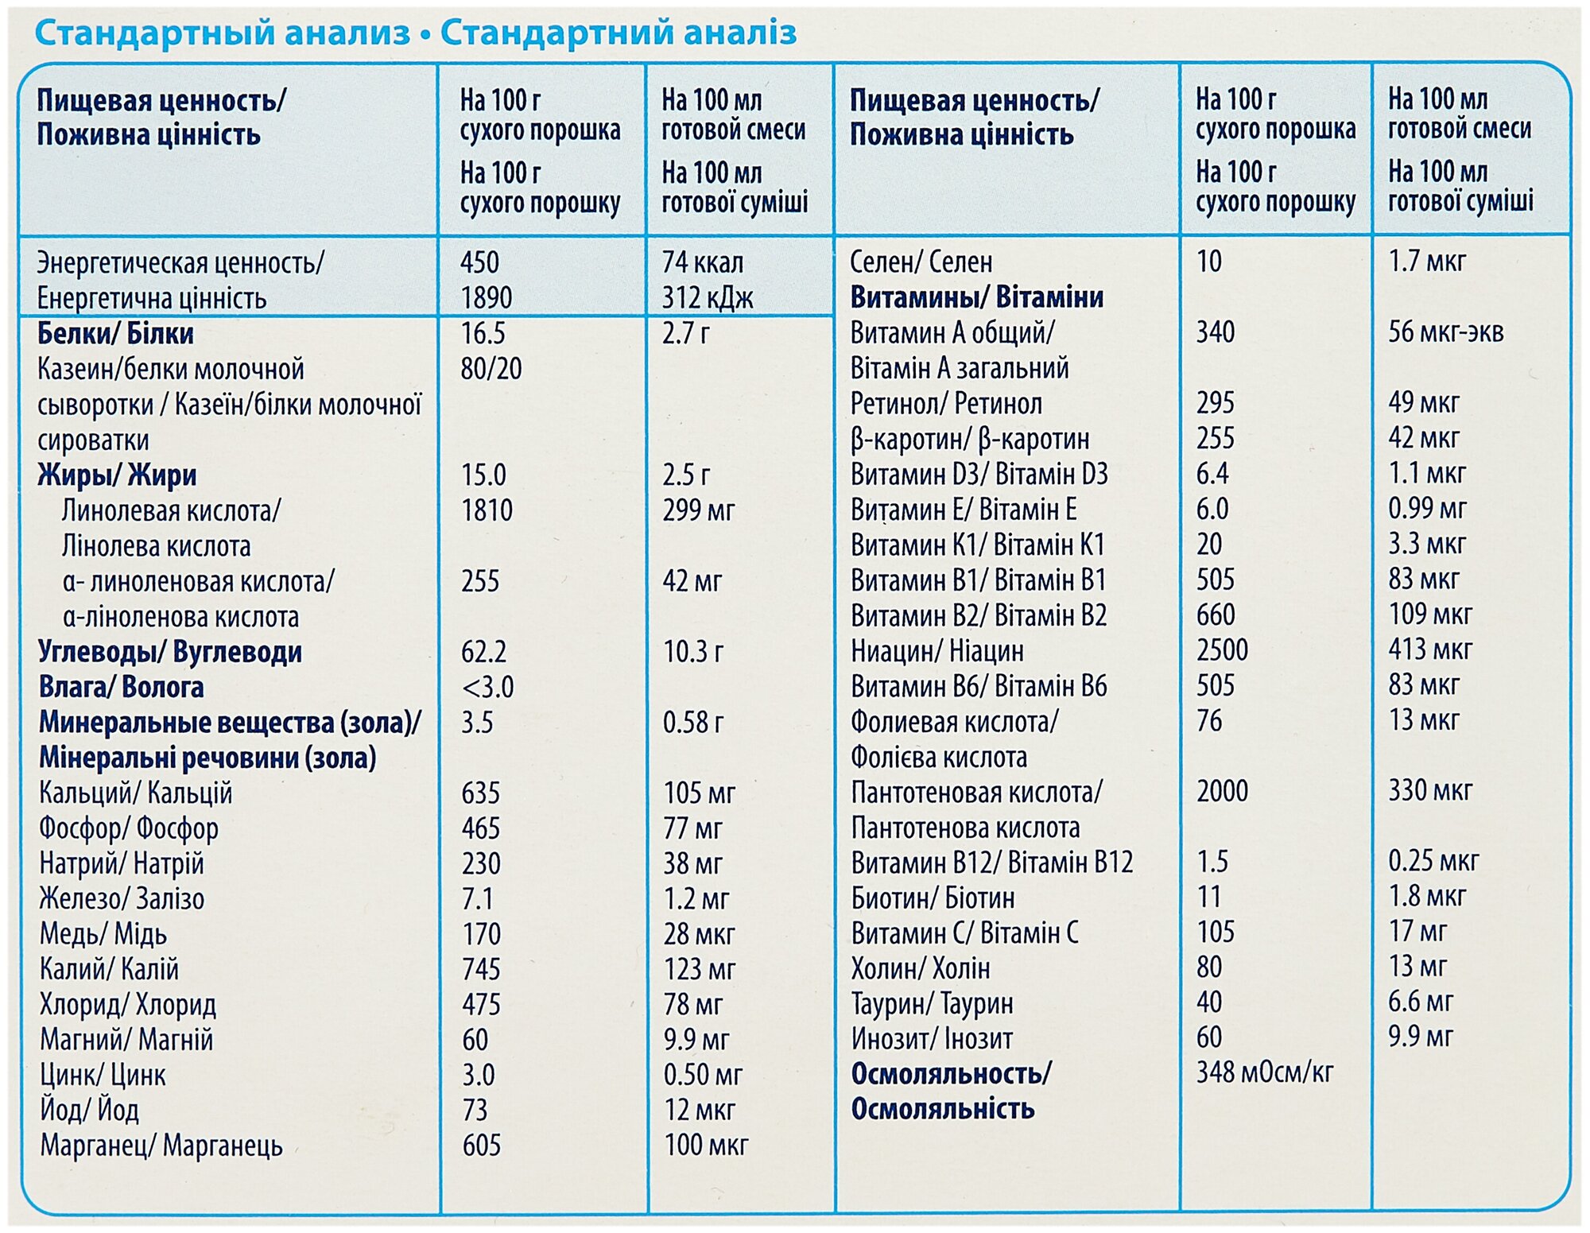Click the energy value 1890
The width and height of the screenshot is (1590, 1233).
[487, 298]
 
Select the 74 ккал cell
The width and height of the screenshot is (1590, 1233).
[703, 262]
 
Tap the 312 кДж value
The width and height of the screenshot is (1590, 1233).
[708, 298]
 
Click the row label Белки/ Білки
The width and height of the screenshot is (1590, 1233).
[115, 333]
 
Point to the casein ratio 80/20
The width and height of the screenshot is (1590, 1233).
[491, 369]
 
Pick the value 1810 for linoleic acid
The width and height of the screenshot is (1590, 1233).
[487, 510]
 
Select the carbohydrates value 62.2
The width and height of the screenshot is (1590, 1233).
[483, 652]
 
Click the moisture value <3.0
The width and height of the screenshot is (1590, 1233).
[487, 687]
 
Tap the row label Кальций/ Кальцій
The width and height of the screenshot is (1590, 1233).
[136, 793]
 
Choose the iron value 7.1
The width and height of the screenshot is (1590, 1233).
[478, 899]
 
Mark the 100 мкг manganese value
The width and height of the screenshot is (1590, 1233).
[706, 1146]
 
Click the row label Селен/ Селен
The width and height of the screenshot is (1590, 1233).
[921, 262]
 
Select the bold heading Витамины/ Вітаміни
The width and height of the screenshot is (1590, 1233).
[977, 297]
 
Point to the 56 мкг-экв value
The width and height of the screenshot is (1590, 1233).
[1445, 332]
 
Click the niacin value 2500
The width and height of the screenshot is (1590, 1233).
[1222, 650]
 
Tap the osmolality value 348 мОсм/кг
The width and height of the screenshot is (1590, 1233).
[1264, 1072]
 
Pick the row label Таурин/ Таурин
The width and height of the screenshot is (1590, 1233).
[932, 1004]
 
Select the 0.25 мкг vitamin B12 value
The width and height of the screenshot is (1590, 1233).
[1433, 861]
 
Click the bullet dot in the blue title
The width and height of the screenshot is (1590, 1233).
[425, 35]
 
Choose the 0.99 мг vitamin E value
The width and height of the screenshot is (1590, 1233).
[1427, 509]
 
